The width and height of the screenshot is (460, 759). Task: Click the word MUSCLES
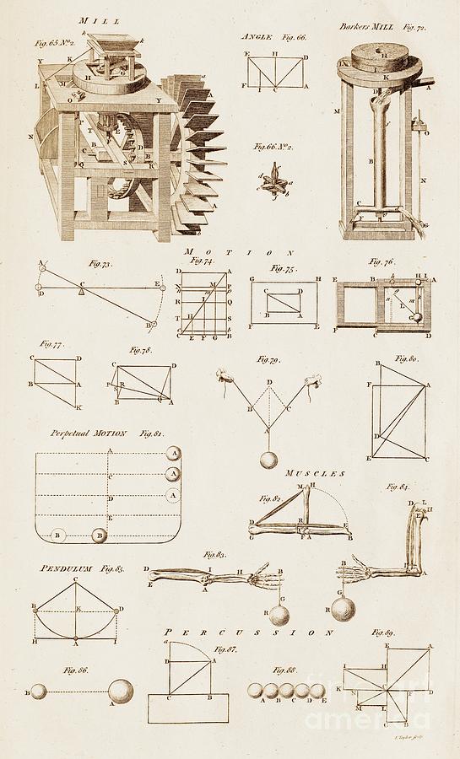(x=315, y=475)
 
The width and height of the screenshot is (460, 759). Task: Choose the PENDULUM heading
(x=62, y=569)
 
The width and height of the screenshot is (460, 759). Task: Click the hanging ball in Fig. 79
(x=268, y=462)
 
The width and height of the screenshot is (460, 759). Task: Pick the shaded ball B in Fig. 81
(x=100, y=534)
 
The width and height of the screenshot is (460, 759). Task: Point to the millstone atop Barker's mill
(x=370, y=65)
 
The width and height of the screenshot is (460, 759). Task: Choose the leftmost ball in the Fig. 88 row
(x=255, y=691)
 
